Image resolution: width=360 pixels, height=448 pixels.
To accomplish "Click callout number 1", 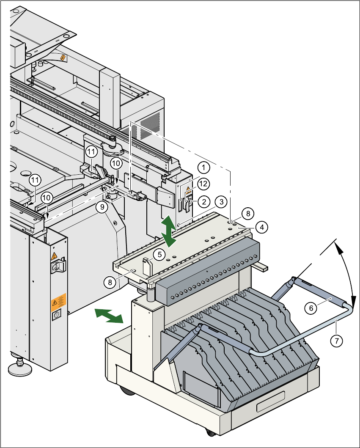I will pos(204,168).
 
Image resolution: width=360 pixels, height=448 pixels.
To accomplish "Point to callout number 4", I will pos(262,227).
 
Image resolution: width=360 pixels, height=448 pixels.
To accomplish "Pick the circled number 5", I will pos(159,254).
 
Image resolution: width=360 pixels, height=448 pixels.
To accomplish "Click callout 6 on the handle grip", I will pos(311,308).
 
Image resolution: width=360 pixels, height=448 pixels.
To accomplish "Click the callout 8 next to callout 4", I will pos(248,212).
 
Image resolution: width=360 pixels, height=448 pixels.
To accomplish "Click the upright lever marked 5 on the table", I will pos(146,266).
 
